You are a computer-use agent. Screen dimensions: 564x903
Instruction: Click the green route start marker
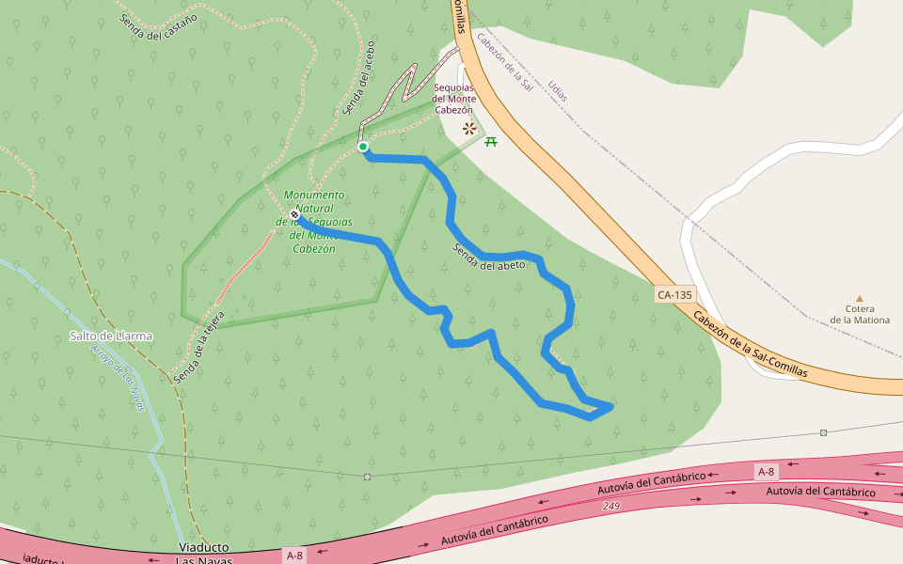pos(363,147)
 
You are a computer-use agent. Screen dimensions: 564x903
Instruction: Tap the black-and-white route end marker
pos(294,214)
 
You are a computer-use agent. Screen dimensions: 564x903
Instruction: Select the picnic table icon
pos(490,142)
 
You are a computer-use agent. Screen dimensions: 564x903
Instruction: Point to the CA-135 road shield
pos(674,295)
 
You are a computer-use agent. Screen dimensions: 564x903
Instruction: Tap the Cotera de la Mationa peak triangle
pos(859,299)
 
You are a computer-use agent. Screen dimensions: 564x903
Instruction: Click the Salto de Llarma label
pos(111,336)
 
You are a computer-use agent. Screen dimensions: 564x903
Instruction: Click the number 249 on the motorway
pos(611,507)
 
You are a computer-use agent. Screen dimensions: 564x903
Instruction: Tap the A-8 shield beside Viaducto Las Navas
pos(294,556)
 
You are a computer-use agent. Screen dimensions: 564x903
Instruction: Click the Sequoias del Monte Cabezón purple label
pos(454,99)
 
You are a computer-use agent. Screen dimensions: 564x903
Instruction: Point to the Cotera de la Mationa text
pos(859,314)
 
